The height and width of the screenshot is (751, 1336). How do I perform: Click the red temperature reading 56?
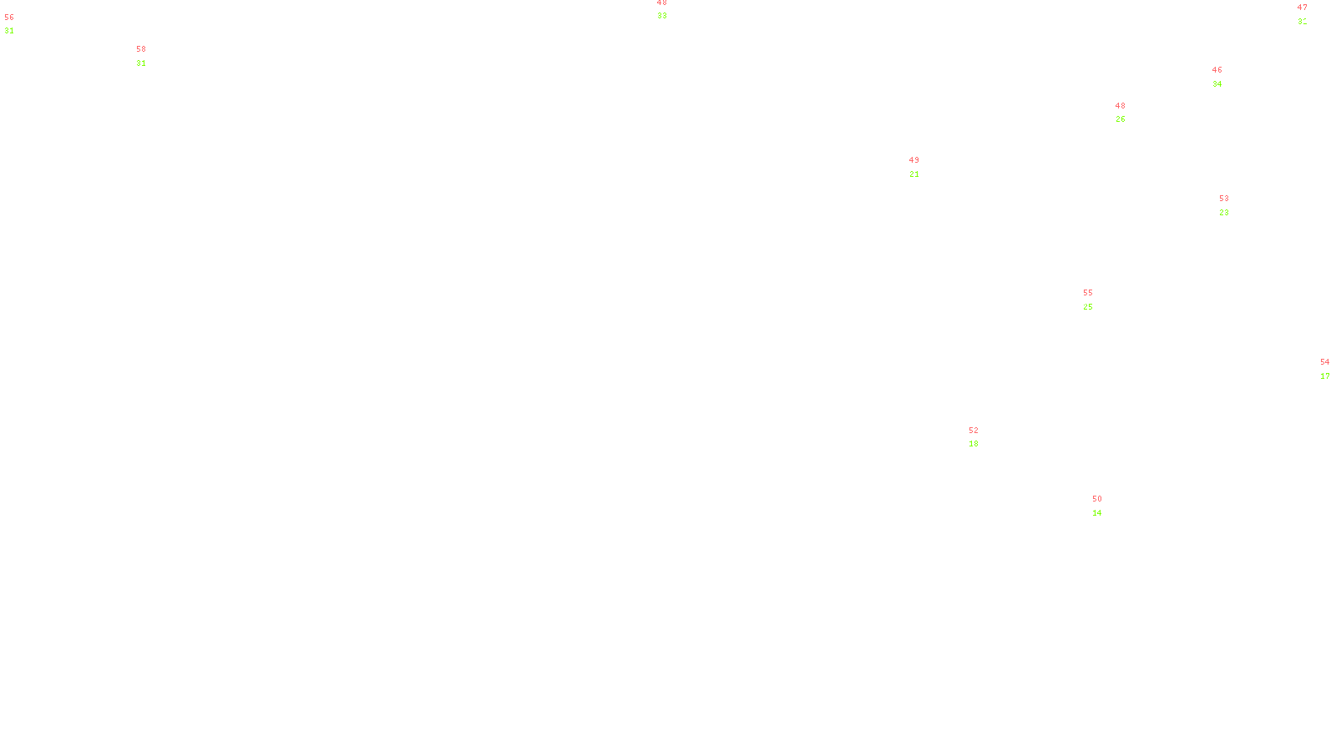coord(9,18)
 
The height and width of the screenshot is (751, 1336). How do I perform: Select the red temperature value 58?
coord(141,49)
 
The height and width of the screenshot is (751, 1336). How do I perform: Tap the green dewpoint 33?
coord(662,16)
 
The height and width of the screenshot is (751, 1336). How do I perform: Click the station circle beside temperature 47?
coord(1310,16)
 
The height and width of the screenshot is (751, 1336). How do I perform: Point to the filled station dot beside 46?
coord(1226,77)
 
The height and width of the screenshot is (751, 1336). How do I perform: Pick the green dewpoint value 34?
coord(1217,84)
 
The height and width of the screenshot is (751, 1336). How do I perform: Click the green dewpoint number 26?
coord(1121,119)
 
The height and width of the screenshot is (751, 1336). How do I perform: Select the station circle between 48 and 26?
coord(1128,113)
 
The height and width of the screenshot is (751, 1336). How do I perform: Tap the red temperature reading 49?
coord(914,160)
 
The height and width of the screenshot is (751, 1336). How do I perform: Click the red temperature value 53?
coord(1224,199)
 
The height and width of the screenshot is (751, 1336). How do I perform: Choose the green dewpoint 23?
coord(1224,213)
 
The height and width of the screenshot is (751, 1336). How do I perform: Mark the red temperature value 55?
coord(1088,293)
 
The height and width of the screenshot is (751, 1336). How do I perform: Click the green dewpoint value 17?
coord(1325,376)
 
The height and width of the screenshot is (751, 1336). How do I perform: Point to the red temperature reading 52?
coord(974,431)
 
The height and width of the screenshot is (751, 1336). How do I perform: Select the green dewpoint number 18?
coord(974,444)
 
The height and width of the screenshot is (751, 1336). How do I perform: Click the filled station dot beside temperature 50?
coord(1106,506)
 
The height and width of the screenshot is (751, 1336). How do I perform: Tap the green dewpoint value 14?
coord(1097,513)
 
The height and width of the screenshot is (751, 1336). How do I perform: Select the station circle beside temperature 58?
coord(149,56)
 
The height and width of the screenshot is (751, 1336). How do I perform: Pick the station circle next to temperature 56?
coord(18,24)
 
